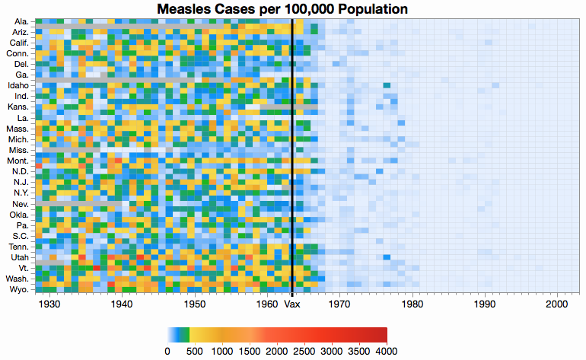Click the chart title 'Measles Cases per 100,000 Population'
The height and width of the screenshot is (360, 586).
[x=282, y=9]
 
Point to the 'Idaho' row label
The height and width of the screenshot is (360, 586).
[x=18, y=85]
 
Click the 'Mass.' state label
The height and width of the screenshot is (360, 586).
[x=17, y=129]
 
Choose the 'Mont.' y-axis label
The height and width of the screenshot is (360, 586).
[x=17, y=161]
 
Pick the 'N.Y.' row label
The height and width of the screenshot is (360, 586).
[x=19, y=193]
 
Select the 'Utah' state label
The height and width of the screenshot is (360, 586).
[x=19, y=258]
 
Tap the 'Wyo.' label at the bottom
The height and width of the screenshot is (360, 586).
[x=18, y=290]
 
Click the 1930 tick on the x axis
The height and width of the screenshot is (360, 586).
[x=49, y=304]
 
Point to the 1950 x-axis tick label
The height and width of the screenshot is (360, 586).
[x=196, y=304]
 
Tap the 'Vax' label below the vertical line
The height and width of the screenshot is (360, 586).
[x=292, y=304]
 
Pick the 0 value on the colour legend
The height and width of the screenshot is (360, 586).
[x=167, y=351]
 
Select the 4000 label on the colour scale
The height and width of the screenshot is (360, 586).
[x=387, y=351]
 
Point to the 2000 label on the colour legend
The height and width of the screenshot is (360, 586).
[x=277, y=351]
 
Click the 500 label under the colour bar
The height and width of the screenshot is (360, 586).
[x=195, y=351]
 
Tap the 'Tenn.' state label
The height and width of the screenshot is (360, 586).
[x=18, y=247]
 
